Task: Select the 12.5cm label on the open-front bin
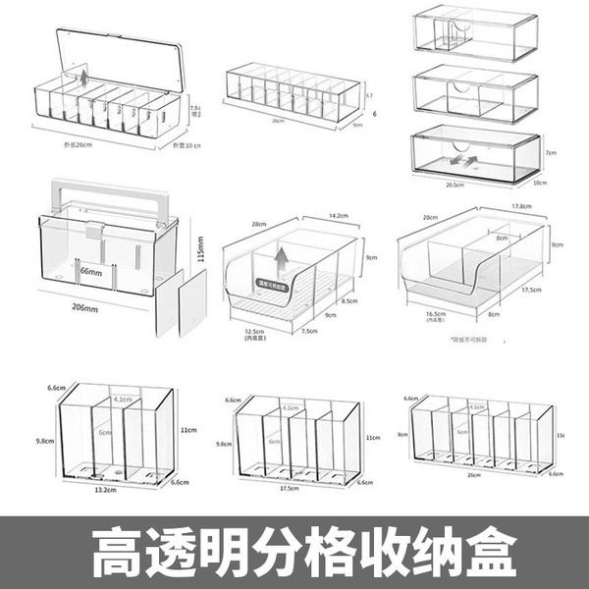click(256, 331)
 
